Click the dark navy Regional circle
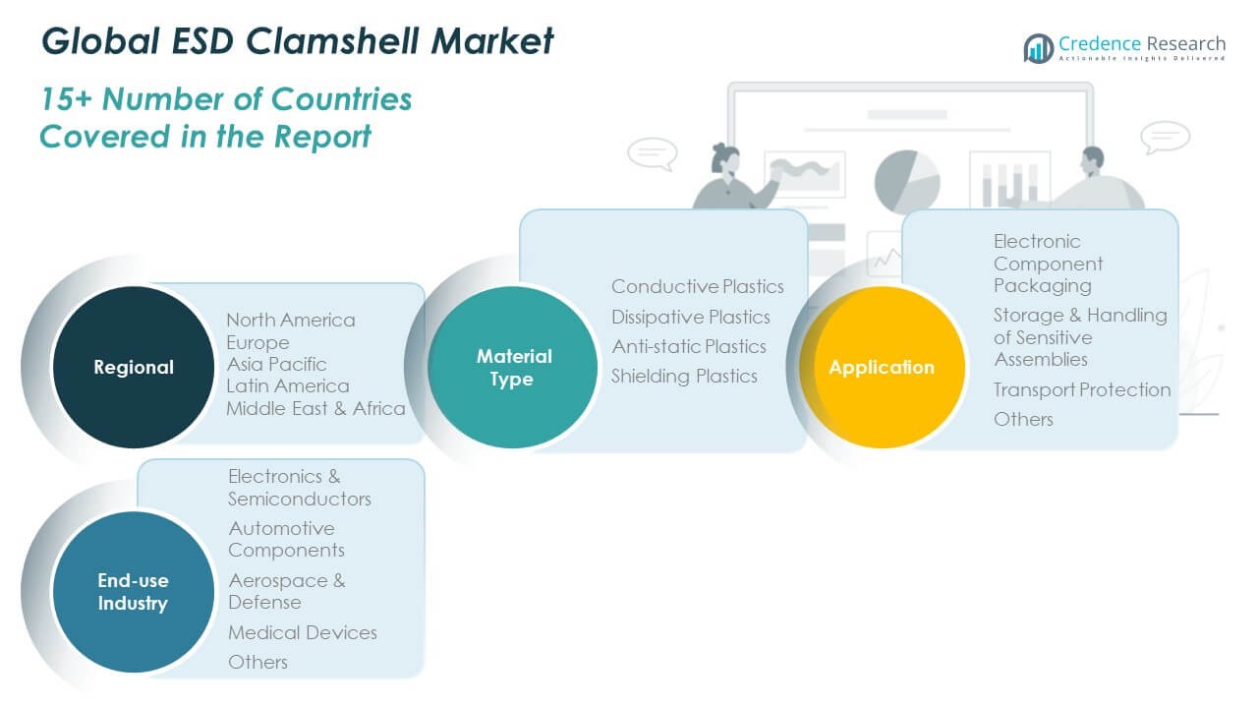(133, 367)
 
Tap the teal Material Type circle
(512, 367)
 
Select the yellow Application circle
(882, 367)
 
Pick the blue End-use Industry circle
(133, 593)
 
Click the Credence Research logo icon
(1038, 47)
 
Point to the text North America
(291, 320)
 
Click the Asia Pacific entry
(276, 364)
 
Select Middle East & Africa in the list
(315, 408)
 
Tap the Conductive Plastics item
(698, 286)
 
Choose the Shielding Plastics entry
(684, 376)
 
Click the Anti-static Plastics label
(689, 346)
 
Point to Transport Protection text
(1082, 389)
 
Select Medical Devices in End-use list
(303, 632)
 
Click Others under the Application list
(1023, 419)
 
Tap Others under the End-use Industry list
(257, 662)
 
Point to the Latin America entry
(287, 385)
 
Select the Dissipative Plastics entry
(691, 317)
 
